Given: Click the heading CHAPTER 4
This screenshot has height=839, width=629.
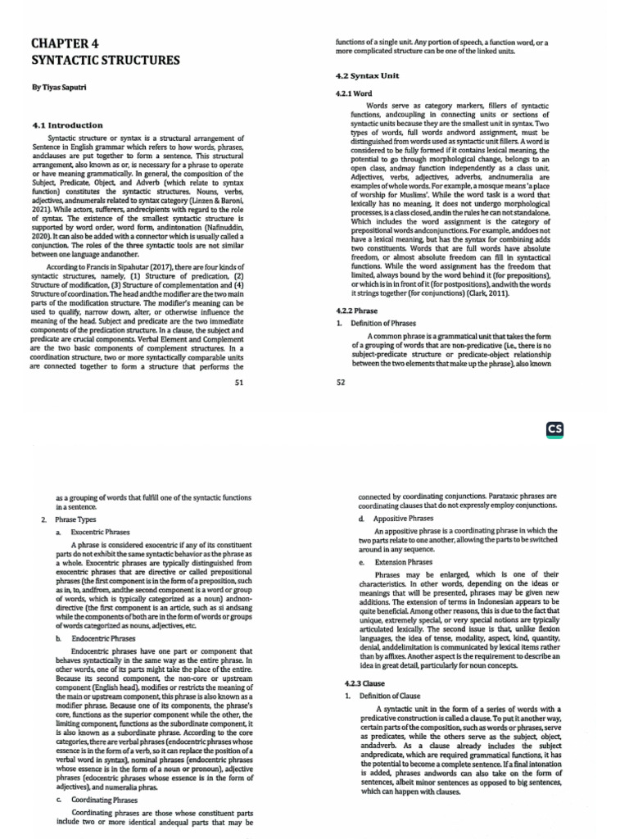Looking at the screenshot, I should pos(64,45).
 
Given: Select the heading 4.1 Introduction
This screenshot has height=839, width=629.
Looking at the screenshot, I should pos(67,125).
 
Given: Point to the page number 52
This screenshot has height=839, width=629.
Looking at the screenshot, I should pos(342,383).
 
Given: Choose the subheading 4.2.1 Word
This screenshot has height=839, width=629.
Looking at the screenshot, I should pos(355,94).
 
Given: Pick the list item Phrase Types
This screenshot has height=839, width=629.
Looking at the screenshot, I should pos(75,520).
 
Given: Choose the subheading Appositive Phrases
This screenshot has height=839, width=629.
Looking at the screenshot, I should pos(403,519).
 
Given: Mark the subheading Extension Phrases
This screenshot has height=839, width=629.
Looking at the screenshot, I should pos(403,563).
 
